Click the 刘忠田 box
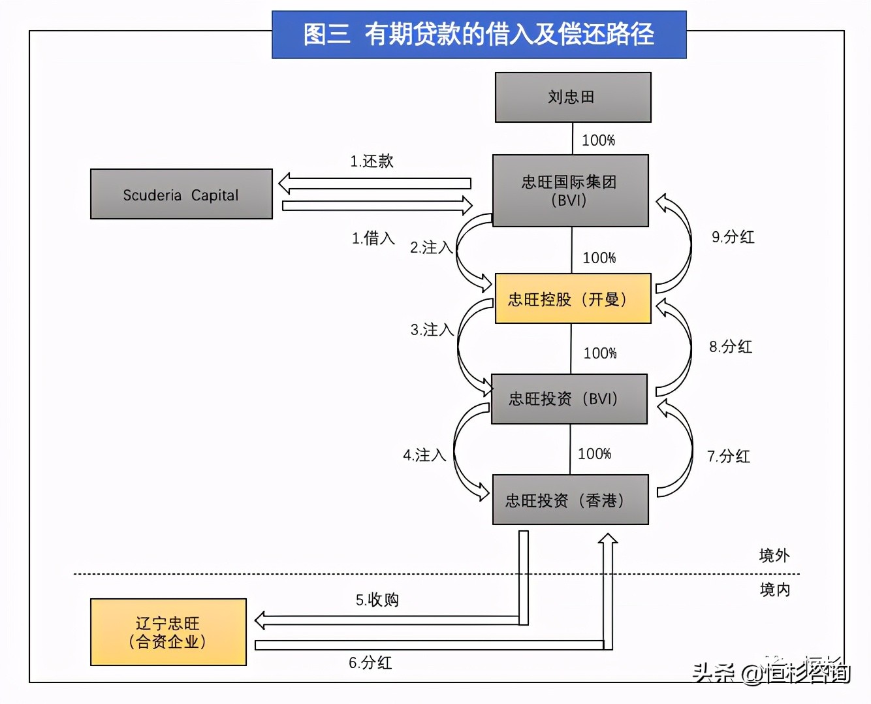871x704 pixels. tap(573, 97)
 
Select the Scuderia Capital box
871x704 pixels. tap(181, 195)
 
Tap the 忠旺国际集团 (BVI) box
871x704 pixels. tap(570, 191)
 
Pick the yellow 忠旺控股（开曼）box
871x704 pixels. tap(573, 298)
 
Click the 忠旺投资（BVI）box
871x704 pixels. tap(569, 399)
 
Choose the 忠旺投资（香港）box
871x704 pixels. tap(570, 500)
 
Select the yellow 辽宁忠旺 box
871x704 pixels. tap(168, 632)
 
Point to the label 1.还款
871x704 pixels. tap(372, 161)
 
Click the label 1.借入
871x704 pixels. tap(373, 238)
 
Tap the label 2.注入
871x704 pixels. tap(431, 248)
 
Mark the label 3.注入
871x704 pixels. tap(432, 330)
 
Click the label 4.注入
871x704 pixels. tap(424, 455)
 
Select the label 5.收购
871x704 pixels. tap(377, 600)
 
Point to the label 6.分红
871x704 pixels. tap(370, 663)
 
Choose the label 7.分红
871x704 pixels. tap(729, 456)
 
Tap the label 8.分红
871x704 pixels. tap(731, 347)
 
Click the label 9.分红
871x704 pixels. tap(733, 237)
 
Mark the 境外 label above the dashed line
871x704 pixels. tap(774, 556)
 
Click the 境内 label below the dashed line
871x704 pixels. tap(774, 590)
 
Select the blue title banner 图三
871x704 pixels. tap(479, 35)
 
